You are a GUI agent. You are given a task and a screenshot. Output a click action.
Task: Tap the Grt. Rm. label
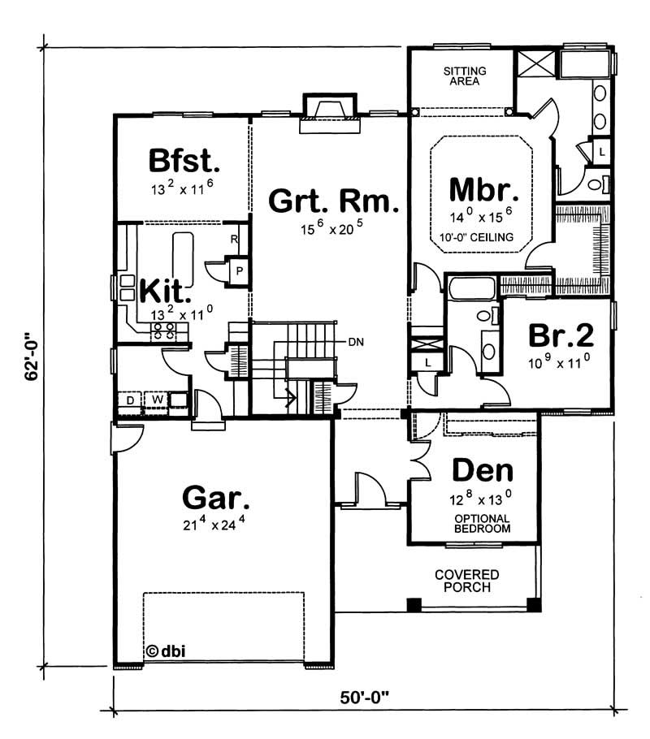click(x=334, y=200)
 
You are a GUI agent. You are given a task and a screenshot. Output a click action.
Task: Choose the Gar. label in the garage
click(x=215, y=496)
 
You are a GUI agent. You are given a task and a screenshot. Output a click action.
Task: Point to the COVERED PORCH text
click(x=466, y=580)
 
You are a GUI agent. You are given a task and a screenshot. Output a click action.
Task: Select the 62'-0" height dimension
click(x=31, y=361)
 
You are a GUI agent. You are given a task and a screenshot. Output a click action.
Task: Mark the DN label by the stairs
click(x=356, y=342)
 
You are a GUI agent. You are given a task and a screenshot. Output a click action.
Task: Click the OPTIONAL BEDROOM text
click(x=482, y=523)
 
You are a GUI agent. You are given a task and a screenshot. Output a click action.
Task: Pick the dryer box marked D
click(x=129, y=400)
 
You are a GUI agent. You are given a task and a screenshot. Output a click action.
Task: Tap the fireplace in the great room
click(x=329, y=113)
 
